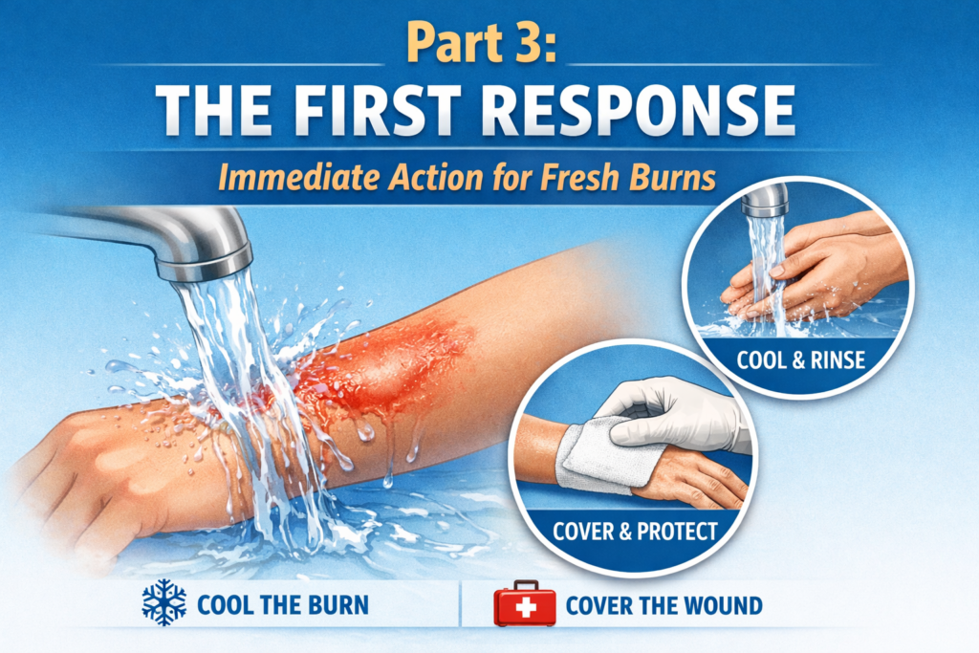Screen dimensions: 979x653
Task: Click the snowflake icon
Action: (x=164, y=602)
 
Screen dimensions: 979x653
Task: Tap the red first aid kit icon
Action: (x=525, y=603)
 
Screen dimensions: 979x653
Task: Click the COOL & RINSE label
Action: (x=801, y=360)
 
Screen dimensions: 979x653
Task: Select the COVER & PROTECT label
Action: (x=635, y=532)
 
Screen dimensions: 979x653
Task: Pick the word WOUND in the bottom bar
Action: (x=725, y=605)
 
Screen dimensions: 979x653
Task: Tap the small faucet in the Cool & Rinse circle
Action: (x=764, y=202)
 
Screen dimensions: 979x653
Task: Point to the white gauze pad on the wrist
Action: (x=593, y=452)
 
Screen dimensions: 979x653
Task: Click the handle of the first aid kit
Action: (x=525, y=585)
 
